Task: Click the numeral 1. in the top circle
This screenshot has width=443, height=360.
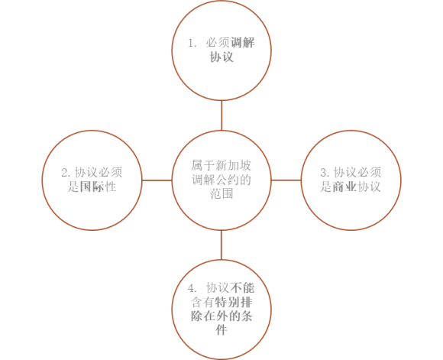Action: [x=192, y=43]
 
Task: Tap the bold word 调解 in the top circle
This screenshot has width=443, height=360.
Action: [x=242, y=43]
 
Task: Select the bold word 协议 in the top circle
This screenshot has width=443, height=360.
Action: [x=221, y=57]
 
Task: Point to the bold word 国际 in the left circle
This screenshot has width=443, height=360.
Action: [x=92, y=186]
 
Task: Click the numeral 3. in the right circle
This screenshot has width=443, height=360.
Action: [x=325, y=173]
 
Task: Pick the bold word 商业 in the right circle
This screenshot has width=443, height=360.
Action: [x=344, y=186]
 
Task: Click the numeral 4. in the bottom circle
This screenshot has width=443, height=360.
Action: [x=192, y=288]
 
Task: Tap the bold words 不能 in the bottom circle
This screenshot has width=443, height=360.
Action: [x=242, y=288]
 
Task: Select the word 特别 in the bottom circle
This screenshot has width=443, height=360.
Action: [x=227, y=302]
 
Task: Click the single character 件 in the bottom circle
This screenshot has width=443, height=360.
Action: [x=221, y=329]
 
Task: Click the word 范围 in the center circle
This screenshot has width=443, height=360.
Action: [x=221, y=193]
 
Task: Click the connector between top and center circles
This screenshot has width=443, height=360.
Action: [x=221, y=115]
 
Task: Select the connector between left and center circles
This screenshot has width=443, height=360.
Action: [x=157, y=180]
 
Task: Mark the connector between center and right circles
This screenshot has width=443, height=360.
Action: [x=286, y=180]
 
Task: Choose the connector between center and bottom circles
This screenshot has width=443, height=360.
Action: [x=221, y=245]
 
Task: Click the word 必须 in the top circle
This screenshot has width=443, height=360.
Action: [x=218, y=43]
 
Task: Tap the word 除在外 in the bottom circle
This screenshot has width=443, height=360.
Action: [x=209, y=316]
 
